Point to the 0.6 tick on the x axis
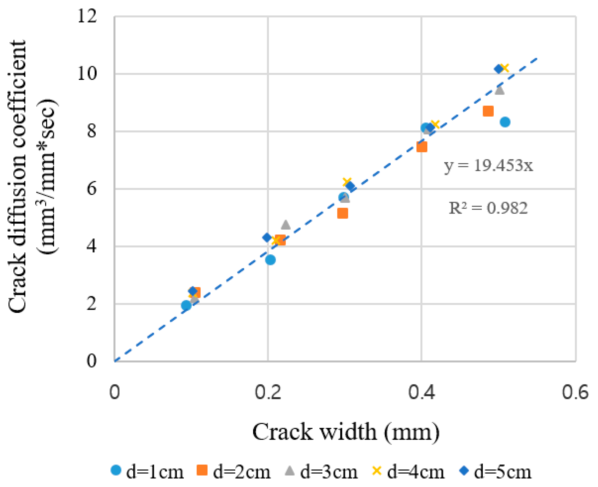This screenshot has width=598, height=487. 575,392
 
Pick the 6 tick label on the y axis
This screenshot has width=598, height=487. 91,189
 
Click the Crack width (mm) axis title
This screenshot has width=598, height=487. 346,432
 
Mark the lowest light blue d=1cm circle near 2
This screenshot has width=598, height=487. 186,305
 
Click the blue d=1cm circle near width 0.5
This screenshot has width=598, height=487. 505,122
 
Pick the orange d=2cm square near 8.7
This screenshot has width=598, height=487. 488,111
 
